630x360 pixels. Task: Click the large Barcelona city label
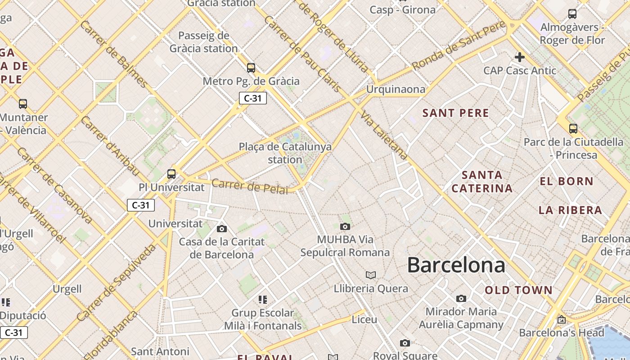point(456,265)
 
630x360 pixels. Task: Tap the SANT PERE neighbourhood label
point(455,113)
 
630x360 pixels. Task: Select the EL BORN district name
point(567,181)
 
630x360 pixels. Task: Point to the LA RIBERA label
point(570,210)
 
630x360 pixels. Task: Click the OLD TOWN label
point(518,290)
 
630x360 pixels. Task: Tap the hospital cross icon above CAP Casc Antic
point(520,57)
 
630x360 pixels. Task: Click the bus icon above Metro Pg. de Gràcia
point(251,68)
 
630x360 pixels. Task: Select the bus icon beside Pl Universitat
point(171,174)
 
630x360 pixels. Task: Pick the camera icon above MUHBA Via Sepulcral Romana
point(345,226)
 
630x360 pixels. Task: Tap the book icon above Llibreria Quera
point(371,275)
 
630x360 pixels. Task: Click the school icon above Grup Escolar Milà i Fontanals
point(263,300)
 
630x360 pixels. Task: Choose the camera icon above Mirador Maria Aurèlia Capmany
point(461,298)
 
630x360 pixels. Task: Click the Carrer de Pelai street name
point(249,187)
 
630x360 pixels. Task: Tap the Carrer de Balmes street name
point(114,54)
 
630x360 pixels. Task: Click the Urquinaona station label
point(396,89)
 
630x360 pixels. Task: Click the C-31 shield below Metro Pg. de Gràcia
point(253,98)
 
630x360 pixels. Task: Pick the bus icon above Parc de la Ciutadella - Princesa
point(573,129)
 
